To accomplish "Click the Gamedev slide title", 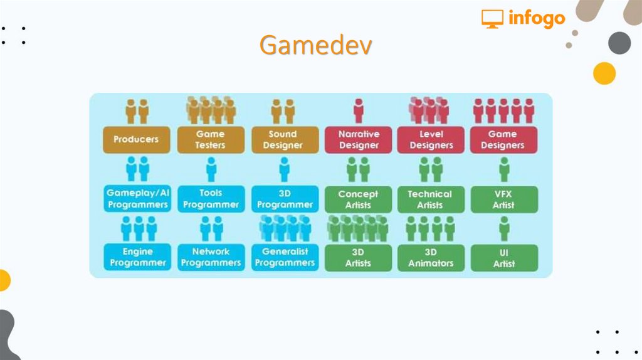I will (x=316, y=45).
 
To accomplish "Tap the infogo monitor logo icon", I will (x=492, y=19).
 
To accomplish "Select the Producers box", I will (x=136, y=140).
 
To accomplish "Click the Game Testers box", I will (x=210, y=140).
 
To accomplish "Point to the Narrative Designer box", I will (x=359, y=140).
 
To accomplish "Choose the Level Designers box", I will (x=431, y=140).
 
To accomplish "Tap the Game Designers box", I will (x=504, y=140).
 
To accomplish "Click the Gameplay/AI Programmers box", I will (x=137, y=199).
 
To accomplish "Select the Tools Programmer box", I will (x=211, y=199).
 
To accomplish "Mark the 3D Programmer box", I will (x=285, y=199).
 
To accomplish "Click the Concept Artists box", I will (x=358, y=199).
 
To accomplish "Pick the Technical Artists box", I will (x=431, y=199).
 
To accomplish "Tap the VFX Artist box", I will (x=504, y=199).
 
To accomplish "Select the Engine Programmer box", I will (x=137, y=257).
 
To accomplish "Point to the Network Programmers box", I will (x=211, y=257).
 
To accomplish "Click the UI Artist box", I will (x=504, y=258).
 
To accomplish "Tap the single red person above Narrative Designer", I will (x=359, y=110).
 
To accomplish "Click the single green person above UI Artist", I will (x=504, y=228).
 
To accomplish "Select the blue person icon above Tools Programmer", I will (x=211, y=169).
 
